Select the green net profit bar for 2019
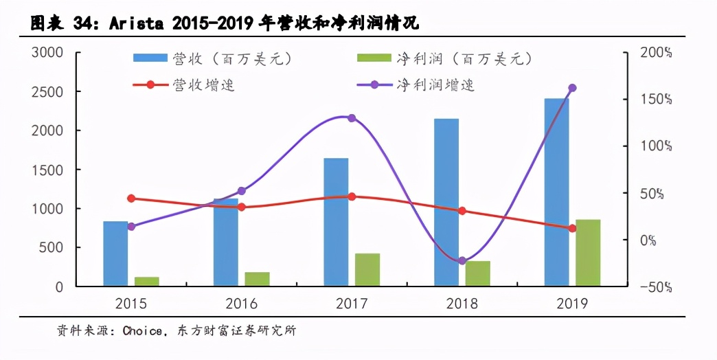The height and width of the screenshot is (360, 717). pos(588,253)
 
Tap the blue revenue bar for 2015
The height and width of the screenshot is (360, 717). pos(115,254)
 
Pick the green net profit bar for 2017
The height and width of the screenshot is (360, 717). pos(367,269)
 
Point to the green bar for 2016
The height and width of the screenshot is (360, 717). pos(257,279)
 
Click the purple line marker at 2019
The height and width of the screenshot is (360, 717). pos(572,88)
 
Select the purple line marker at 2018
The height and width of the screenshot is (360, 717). pos(462,261)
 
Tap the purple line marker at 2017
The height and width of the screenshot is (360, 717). pos(352,118)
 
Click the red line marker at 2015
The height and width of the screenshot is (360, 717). pos(131,199)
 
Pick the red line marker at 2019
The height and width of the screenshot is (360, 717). pos(572,228)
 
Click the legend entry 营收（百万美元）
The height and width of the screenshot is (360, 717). pos(213,60)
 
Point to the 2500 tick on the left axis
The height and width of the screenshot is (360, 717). pos(49,91)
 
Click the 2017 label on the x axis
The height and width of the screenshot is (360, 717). pos(352,304)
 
